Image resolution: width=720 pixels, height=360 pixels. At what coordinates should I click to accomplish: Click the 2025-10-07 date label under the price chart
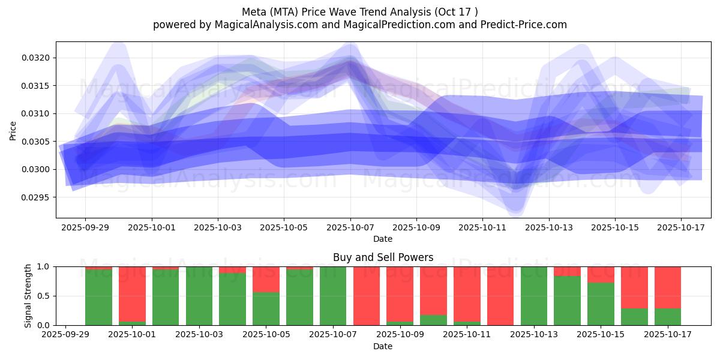(x=350, y=228)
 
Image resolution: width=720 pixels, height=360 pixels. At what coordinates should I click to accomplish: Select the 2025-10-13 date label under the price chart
(x=549, y=228)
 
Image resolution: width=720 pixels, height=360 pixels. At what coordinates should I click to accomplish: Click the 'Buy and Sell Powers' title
(x=383, y=258)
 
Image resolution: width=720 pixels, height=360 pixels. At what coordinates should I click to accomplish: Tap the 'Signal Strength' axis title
(x=28, y=296)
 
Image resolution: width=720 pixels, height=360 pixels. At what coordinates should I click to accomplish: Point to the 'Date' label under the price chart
(x=383, y=239)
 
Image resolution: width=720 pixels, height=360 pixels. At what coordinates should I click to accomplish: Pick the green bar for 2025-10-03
(x=199, y=296)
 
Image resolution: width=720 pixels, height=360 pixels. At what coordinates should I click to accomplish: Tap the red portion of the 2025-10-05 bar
(x=266, y=279)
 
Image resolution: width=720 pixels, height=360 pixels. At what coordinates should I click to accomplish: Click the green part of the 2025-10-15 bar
(x=601, y=304)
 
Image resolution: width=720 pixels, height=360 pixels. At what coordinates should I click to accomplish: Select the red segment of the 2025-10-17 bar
(x=668, y=287)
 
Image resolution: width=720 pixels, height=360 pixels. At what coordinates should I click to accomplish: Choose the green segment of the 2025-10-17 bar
(x=668, y=317)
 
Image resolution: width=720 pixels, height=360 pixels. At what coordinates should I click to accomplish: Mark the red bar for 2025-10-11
(x=467, y=294)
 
